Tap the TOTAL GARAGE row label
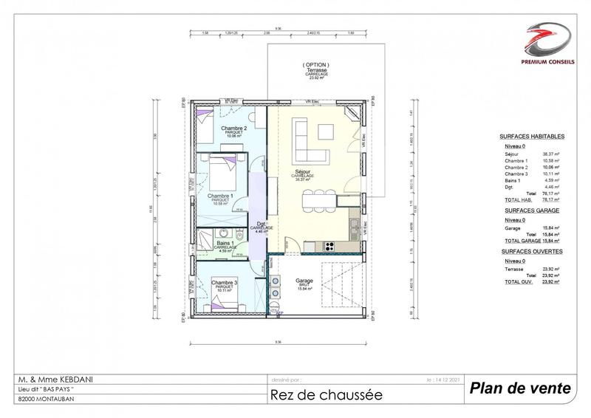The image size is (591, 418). [x=517, y=240]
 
